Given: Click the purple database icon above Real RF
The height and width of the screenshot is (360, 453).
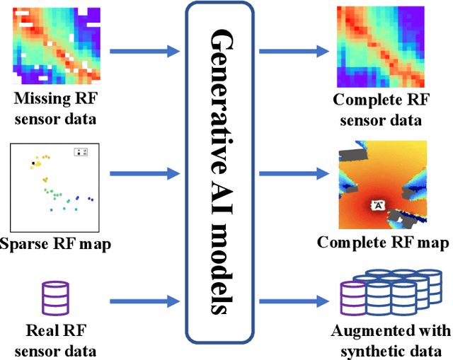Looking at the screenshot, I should click(x=55, y=298).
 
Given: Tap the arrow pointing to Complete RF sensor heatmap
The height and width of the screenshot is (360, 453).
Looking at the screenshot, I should click(x=292, y=51).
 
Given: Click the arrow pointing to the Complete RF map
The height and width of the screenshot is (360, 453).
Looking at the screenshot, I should click(x=292, y=172).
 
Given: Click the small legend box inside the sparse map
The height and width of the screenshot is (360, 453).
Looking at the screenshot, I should click(x=81, y=152).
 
